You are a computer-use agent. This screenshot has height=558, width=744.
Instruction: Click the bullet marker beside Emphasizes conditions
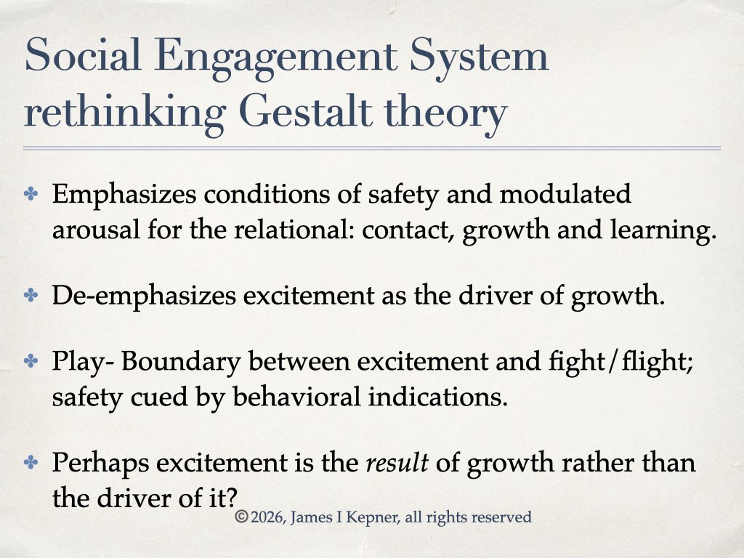[31, 194]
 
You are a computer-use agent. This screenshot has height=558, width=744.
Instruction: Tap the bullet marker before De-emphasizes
[31, 295]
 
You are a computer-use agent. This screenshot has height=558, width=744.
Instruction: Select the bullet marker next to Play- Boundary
[31, 361]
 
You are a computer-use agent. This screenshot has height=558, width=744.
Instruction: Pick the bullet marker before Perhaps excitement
[31, 462]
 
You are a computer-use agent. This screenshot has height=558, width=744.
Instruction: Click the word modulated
[565, 194]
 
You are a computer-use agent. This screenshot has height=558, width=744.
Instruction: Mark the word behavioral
[296, 397]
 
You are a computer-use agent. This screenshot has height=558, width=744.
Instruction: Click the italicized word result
[397, 463]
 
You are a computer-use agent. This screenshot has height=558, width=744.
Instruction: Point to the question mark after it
[231, 498]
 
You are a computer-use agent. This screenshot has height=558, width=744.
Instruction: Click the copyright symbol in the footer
[241, 517]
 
